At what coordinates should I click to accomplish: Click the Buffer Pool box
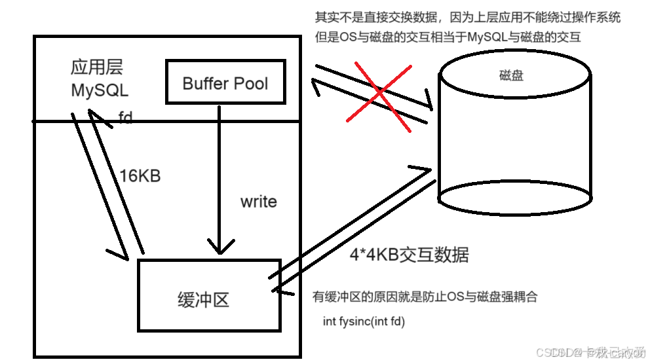pyautogui.click(x=225, y=82)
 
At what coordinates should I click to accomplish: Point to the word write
pyautogui.click(x=259, y=202)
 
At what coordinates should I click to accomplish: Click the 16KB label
pyautogui.click(x=140, y=176)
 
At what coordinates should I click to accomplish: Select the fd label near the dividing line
pyautogui.click(x=126, y=118)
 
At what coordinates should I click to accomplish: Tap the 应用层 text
pyautogui.click(x=97, y=67)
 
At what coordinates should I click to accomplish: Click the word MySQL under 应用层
pyautogui.click(x=100, y=90)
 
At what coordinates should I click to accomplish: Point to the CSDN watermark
pyautogui.click(x=590, y=352)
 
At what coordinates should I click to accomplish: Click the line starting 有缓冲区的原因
pyautogui.click(x=425, y=297)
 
